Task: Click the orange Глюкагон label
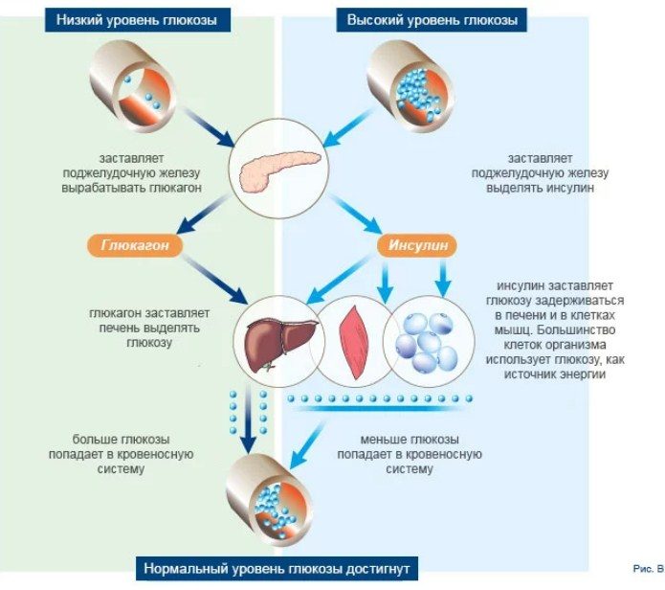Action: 135,245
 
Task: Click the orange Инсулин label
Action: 417,245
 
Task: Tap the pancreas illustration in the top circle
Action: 279,170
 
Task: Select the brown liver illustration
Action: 280,343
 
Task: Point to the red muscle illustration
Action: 353,342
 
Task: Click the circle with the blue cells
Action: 429,342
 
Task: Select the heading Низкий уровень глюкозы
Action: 138,20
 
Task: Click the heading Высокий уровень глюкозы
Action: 432,20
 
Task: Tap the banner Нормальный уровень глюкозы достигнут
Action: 277,568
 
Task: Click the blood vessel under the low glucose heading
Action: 133,86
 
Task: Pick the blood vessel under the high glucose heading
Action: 410,86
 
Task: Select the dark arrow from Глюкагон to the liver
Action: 213,280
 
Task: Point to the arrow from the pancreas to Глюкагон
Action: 204,214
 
